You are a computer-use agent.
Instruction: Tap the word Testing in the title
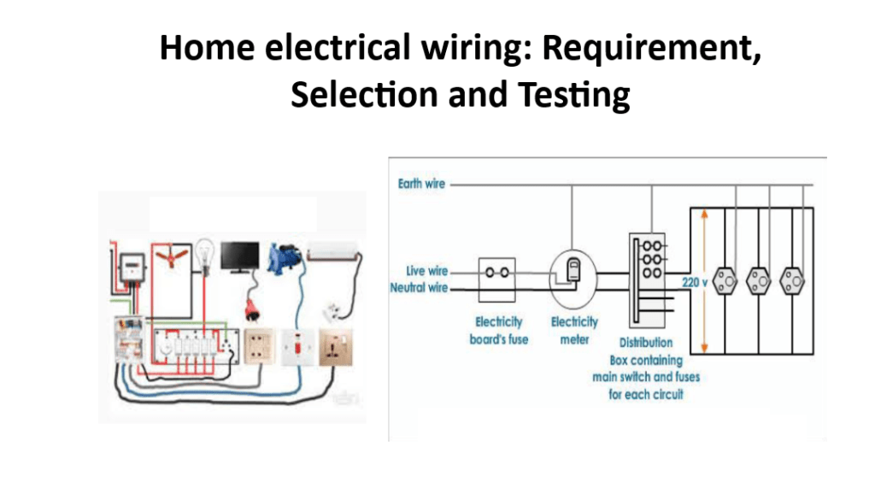[x=572, y=94]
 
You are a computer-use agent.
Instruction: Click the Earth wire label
[x=421, y=184]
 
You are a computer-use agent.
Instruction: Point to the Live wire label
[x=427, y=271]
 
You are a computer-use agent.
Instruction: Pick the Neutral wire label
[x=419, y=288]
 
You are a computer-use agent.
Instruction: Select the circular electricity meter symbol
[x=571, y=278]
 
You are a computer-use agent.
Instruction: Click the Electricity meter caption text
[x=574, y=331]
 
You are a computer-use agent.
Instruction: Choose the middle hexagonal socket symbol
[x=757, y=278]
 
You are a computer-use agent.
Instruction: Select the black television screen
[x=240, y=256]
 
